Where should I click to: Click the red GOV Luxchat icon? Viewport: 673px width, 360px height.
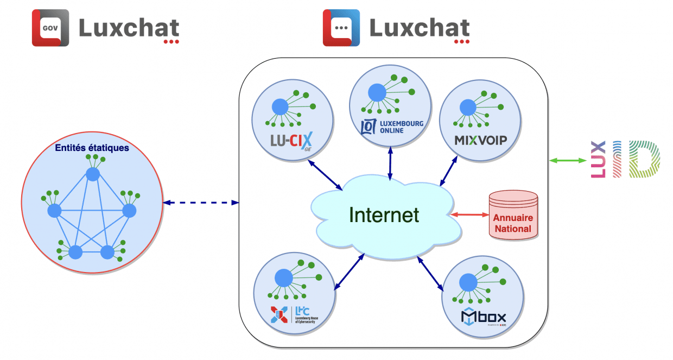(x=50, y=28)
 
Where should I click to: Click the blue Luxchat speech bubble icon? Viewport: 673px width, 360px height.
(x=341, y=28)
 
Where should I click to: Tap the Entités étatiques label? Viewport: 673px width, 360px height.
(x=92, y=148)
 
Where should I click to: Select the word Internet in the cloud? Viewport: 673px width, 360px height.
(x=384, y=214)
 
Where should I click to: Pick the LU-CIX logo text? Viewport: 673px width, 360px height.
(x=292, y=141)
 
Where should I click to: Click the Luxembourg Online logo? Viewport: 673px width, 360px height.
(x=392, y=127)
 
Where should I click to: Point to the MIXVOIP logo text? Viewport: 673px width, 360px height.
(x=480, y=141)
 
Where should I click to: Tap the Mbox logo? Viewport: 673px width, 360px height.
(x=483, y=317)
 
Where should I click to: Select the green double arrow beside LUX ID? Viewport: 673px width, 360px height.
(x=568, y=160)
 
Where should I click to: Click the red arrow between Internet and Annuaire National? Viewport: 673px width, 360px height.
(x=469, y=215)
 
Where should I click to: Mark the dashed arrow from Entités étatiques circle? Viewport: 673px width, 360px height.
(x=201, y=203)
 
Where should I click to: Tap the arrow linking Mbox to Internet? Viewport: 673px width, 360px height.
(x=430, y=272)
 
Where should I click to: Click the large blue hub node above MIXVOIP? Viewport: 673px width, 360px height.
(x=466, y=106)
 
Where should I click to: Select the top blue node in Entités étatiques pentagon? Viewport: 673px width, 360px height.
(x=93, y=174)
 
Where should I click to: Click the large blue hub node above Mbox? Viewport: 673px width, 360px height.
(x=468, y=282)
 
